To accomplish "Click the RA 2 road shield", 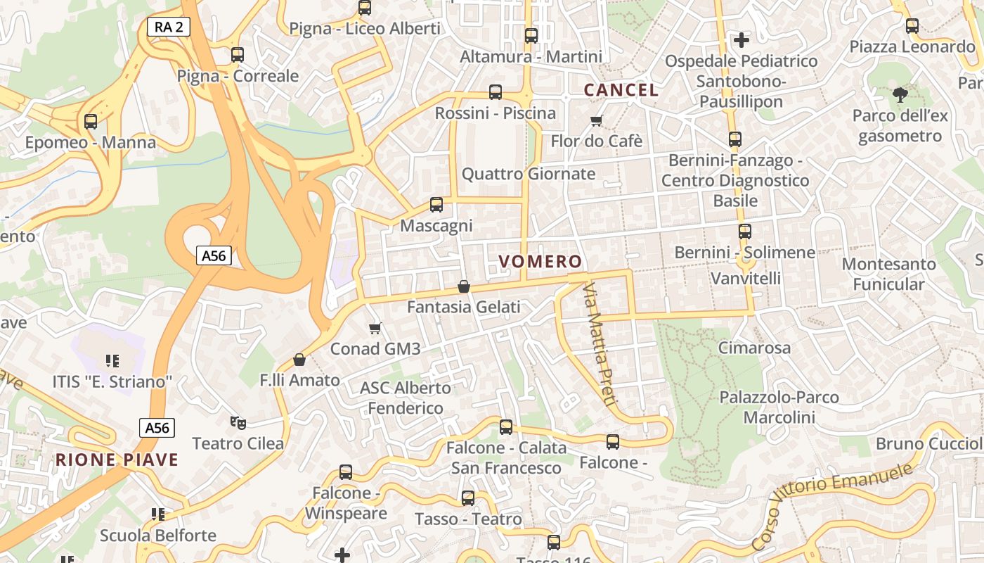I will [x=169, y=27].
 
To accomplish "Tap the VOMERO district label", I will [x=540, y=262].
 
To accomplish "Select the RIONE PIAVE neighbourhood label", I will [x=117, y=460].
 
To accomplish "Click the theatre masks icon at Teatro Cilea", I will [x=238, y=422].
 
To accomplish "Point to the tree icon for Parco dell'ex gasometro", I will [x=900, y=94].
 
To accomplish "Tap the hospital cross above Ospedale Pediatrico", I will [x=741, y=40].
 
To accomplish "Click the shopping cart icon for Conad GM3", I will [x=375, y=328].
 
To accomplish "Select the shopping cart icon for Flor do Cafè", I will [x=597, y=120].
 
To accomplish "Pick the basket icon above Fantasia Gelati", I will [x=464, y=286].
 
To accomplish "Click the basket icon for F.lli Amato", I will [x=299, y=360].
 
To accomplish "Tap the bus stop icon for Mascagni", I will [x=436, y=205].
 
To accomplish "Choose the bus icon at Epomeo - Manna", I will [x=91, y=122].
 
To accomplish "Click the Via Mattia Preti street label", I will [x=600, y=344].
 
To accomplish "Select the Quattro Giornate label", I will [x=529, y=174].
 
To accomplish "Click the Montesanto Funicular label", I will [x=888, y=274].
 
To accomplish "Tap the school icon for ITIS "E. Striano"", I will [x=112, y=361].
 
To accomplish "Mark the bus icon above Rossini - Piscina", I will [x=496, y=92].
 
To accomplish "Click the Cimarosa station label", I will [x=754, y=348].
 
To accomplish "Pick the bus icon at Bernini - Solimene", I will [x=745, y=231].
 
